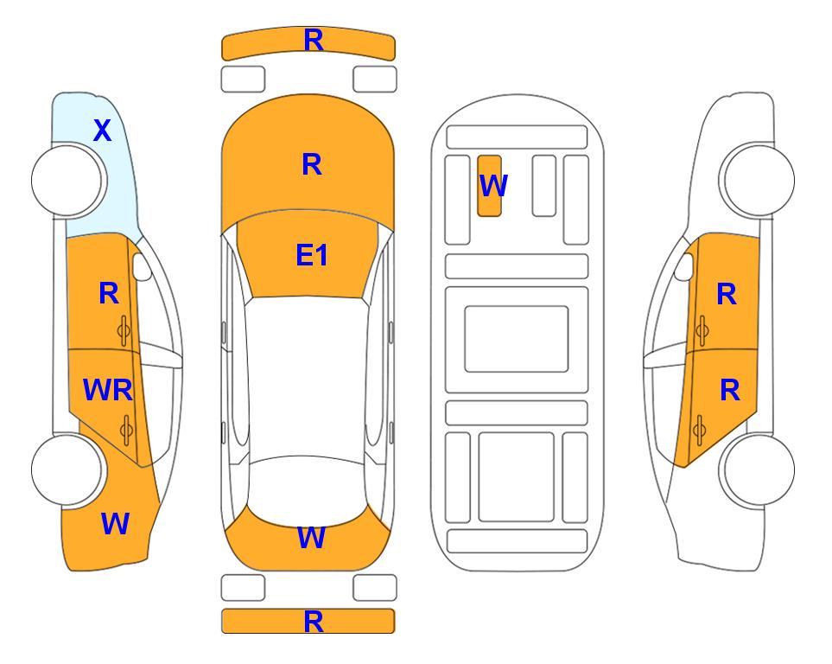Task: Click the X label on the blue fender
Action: (103, 131)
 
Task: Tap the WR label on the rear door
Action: (108, 390)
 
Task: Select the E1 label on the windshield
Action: (312, 255)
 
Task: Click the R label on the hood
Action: (312, 164)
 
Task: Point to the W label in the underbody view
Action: (493, 185)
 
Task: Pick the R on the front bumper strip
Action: (314, 41)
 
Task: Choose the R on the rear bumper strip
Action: (314, 622)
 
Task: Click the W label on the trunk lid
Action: (311, 538)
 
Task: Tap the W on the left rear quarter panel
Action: (115, 524)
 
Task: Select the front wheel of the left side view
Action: (67, 181)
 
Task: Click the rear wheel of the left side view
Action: (67, 469)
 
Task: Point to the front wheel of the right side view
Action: (759, 181)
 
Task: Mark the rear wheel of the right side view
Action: (759, 469)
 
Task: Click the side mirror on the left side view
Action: (142, 266)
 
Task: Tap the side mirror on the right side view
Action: (684, 266)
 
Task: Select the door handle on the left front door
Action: (124, 330)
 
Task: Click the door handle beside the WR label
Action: (126, 430)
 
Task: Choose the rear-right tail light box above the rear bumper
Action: (375, 588)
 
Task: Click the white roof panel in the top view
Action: (308, 378)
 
